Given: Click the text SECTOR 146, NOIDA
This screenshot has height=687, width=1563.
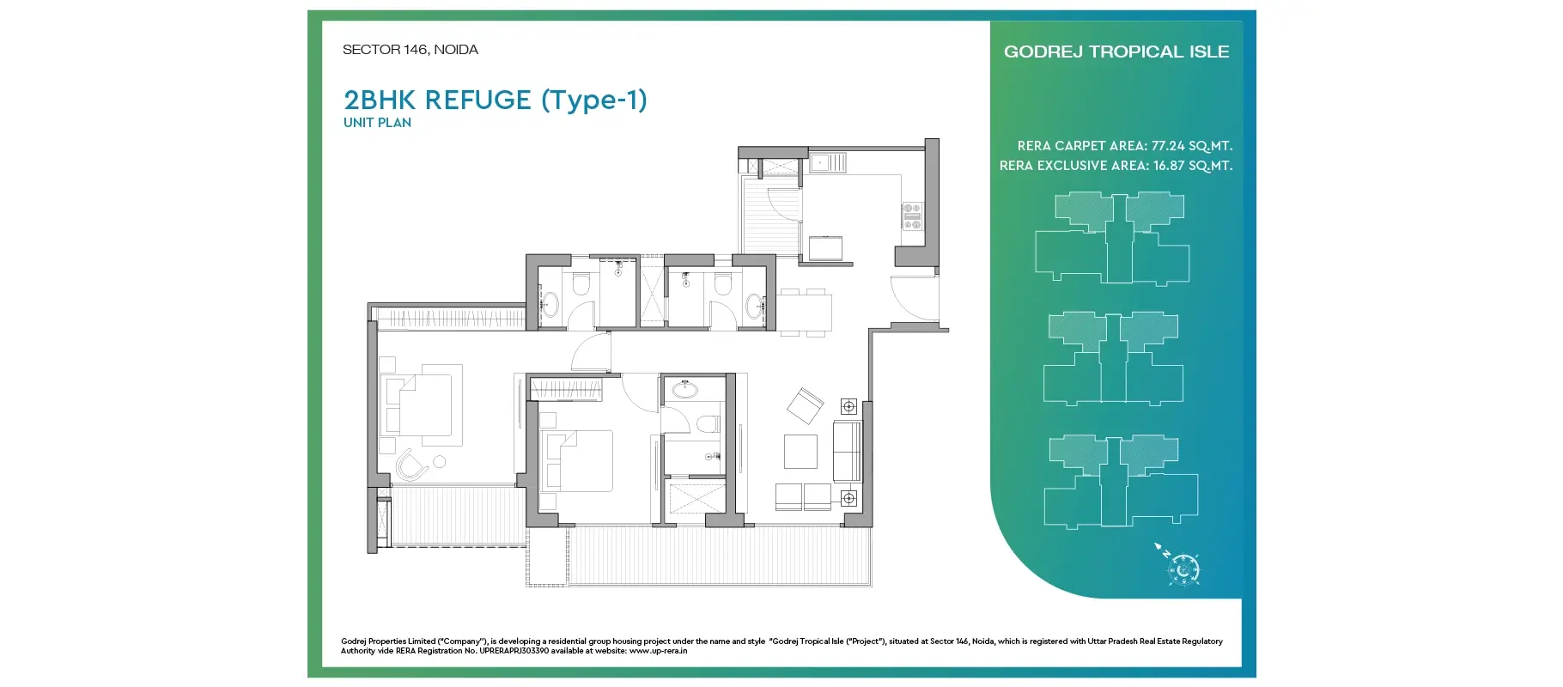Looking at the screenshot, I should [x=410, y=50].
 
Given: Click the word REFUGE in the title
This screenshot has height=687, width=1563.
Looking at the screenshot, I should [x=477, y=100].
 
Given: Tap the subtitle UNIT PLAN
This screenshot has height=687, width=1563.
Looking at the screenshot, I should [x=377, y=123].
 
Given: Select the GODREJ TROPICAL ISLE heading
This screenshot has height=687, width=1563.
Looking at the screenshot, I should [x=1116, y=52].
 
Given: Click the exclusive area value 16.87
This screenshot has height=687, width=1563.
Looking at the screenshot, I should [x=1171, y=166].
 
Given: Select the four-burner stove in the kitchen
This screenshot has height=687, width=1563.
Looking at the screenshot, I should [x=911, y=216].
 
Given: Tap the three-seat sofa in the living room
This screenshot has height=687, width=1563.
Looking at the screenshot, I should [x=847, y=452].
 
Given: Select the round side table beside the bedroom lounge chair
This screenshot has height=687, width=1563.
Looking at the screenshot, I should [x=440, y=462].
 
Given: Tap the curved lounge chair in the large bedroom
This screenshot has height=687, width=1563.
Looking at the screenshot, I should [x=411, y=466].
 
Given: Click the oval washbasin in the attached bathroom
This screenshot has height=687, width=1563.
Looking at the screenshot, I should [x=685, y=391].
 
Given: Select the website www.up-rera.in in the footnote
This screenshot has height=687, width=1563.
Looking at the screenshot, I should [x=658, y=651].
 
